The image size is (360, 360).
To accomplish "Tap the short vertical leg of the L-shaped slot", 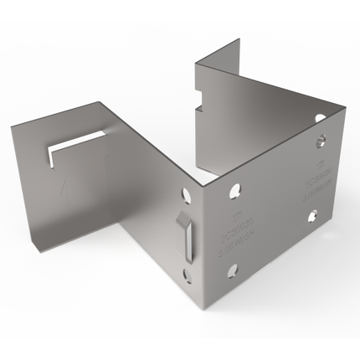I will pos(50,158).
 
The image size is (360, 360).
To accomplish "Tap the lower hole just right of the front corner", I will pos(233,270).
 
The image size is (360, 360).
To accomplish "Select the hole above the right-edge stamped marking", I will pos(320,141).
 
